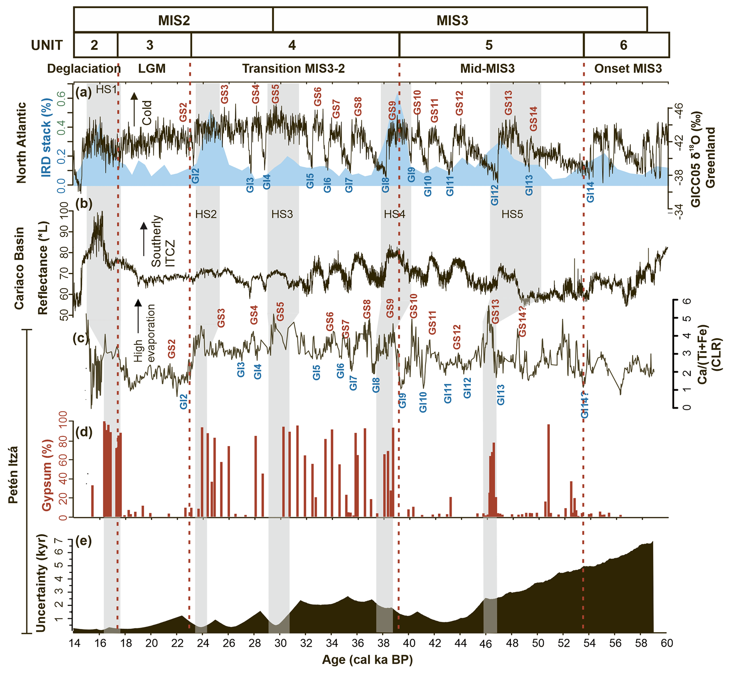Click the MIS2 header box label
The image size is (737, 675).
pos(174,20)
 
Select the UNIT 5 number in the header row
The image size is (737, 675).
pos(489,45)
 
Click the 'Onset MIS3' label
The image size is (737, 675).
pos(628,68)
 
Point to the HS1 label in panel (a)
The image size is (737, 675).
pos(106,90)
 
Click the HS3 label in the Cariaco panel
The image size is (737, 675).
pos(282,214)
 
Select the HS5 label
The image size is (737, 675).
pos(512,214)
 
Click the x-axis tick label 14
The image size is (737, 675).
pos(74,643)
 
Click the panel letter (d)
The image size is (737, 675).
pos(84,432)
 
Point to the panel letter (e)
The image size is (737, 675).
pos(84,540)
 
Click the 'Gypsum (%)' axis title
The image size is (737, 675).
pos(47,474)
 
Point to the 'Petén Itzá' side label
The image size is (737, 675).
pos(13,474)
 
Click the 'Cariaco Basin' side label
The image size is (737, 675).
pos(19,268)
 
